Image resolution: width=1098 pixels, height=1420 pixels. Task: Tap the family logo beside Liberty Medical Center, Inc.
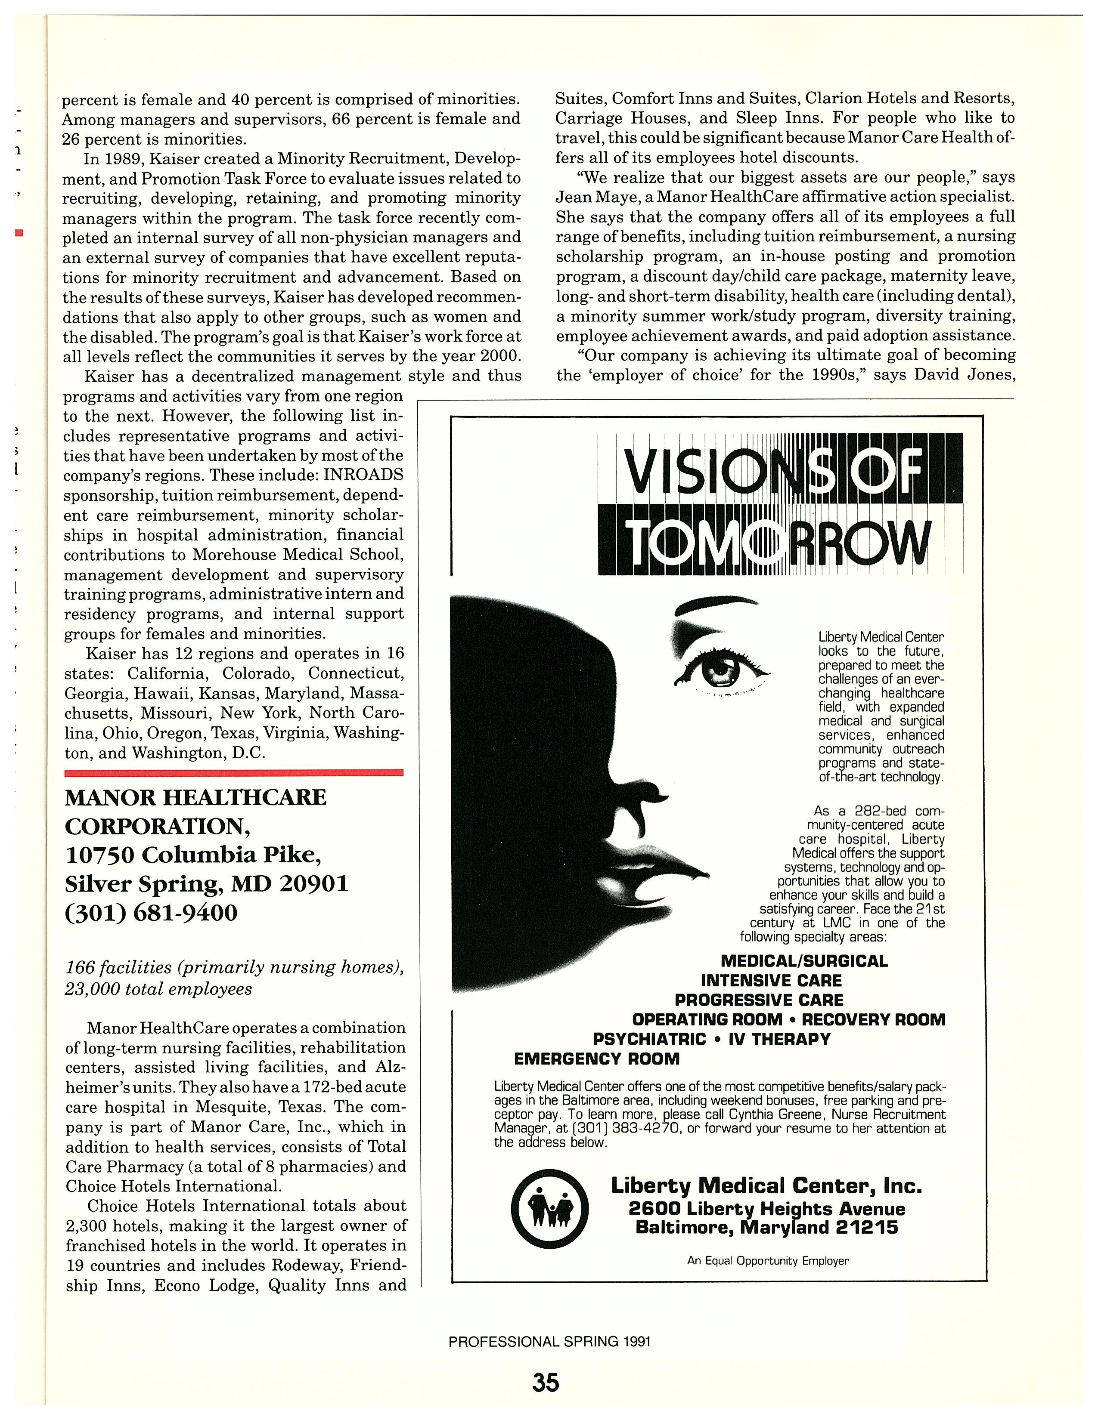(550, 1209)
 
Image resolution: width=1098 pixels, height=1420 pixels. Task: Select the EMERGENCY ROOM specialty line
(596, 1059)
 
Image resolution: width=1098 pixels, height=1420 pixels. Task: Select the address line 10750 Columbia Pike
(193, 854)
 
